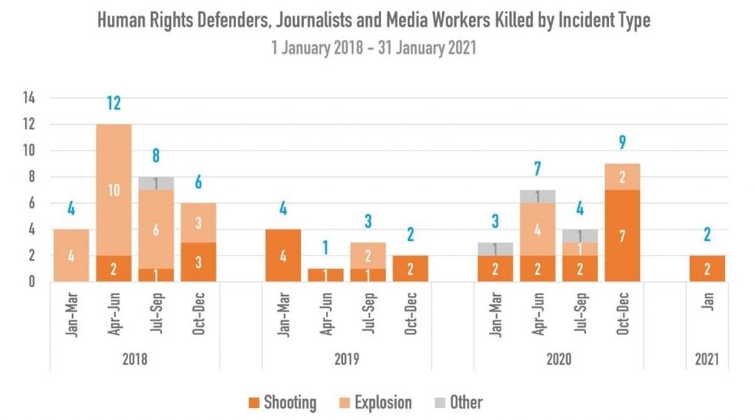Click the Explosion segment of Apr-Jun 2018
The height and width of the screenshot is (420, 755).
(x=114, y=190)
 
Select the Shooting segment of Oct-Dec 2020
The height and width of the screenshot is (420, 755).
(x=622, y=235)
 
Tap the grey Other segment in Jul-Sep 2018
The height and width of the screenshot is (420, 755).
(x=156, y=183)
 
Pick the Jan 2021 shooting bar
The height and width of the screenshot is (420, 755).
(x=706, y=269)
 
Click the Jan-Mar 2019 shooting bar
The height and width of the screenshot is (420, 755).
(x=283, y=255)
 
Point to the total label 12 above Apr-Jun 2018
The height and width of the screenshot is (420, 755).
(x=114, y=103)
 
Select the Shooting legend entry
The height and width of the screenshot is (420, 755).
(x=283, y=402)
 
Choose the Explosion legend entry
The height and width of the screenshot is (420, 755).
(x=375, y=402)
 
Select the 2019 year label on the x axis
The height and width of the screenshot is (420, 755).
(x=347, y=359)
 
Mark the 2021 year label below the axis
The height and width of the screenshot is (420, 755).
(x=706, y=359)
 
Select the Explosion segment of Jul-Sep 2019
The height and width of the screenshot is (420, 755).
(x=368, y=255)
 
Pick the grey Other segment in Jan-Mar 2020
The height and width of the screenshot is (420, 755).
(x=495, y=249)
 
